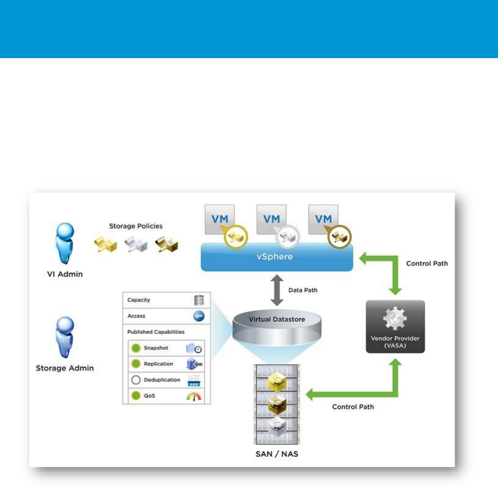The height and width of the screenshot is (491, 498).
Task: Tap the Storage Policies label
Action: coord(136,226)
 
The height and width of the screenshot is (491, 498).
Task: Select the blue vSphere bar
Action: coord(277,257)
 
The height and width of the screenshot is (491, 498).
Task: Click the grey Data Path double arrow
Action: coord(277,290)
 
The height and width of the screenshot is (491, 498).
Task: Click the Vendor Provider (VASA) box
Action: coord(395,326)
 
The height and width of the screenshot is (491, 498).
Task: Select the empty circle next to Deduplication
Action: coord(136,380)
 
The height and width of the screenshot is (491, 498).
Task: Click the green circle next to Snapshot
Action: coord(136,348)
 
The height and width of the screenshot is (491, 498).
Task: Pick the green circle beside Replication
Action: coord(136,364)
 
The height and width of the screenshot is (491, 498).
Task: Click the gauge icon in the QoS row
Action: coord(194,396)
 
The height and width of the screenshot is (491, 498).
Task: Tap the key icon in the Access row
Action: coord(199,316)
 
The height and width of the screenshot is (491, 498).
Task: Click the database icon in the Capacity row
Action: coord(199,300)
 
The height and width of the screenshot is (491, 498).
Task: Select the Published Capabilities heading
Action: coord(156,332)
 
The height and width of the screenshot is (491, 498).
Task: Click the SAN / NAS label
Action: coord(277,454)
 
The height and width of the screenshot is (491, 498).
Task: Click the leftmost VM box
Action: coord(219,219)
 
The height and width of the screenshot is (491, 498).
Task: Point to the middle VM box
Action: coord(271,219)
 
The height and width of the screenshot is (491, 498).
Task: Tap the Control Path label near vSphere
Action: coord(427,263)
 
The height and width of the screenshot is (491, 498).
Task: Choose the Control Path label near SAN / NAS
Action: coord(353,407)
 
